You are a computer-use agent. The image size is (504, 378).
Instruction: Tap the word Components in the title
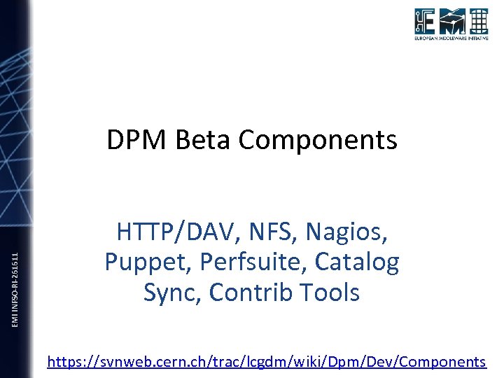point(318,140)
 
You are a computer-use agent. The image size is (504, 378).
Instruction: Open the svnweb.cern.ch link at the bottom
point(266,362)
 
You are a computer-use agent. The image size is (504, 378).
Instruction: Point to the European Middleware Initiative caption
point(451,39)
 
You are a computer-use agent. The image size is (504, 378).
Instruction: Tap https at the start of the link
point(65,362)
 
